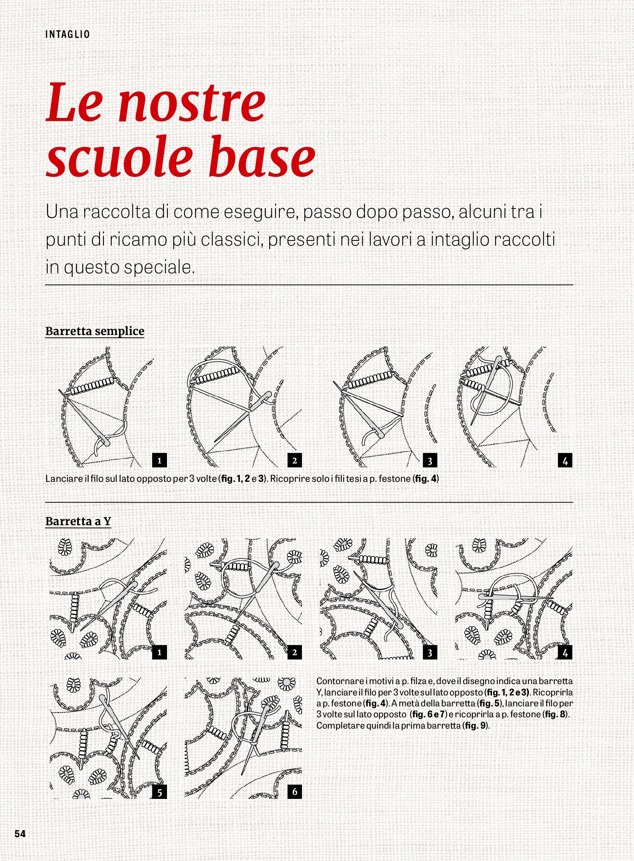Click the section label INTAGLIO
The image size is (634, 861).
[x=67, y=35]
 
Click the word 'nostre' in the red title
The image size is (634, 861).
[x=192, y=103]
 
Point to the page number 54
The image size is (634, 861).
[x=20, y=833]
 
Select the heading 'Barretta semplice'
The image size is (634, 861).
[x=95, y=331]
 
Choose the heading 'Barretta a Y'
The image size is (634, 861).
[x=78, y=521]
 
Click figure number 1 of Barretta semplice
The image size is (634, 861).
[x=159, y=460]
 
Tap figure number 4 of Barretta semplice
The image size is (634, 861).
[x=565, y=460]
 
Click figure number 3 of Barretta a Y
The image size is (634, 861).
[x=430, y=652]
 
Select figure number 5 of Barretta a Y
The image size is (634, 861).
[x=159, y=792]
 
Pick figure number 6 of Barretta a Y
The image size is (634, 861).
[x=295, y=791]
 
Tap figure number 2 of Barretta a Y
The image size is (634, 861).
[x=295, y=652]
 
